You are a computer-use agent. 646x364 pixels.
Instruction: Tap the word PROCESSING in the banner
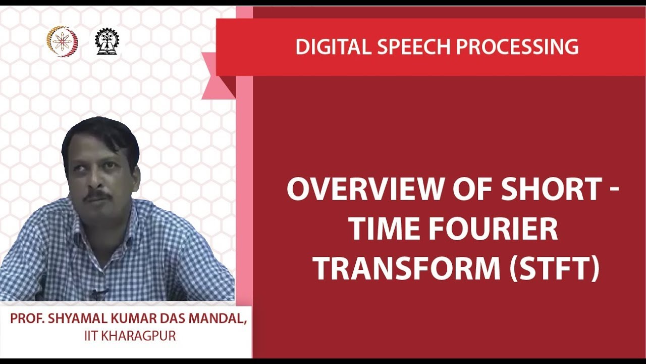[x=517, y=47]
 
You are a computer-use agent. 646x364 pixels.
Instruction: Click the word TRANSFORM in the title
[x=406, y=269]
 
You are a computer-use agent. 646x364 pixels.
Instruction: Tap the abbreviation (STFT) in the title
[x=554, y=269]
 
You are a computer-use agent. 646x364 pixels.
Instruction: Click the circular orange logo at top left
[x=62, y=41]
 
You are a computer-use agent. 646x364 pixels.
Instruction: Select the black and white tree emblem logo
[x=104, y=41]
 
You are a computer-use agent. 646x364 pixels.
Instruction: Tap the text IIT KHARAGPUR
[x=130, y=336]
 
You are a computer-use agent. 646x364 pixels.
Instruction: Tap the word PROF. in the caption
[x=25, y=320]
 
